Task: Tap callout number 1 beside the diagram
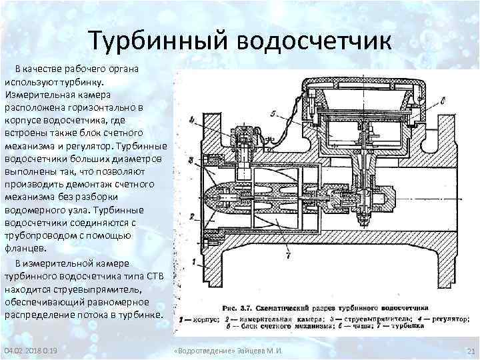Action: (193, 263)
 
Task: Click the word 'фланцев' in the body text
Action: (25, 247)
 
